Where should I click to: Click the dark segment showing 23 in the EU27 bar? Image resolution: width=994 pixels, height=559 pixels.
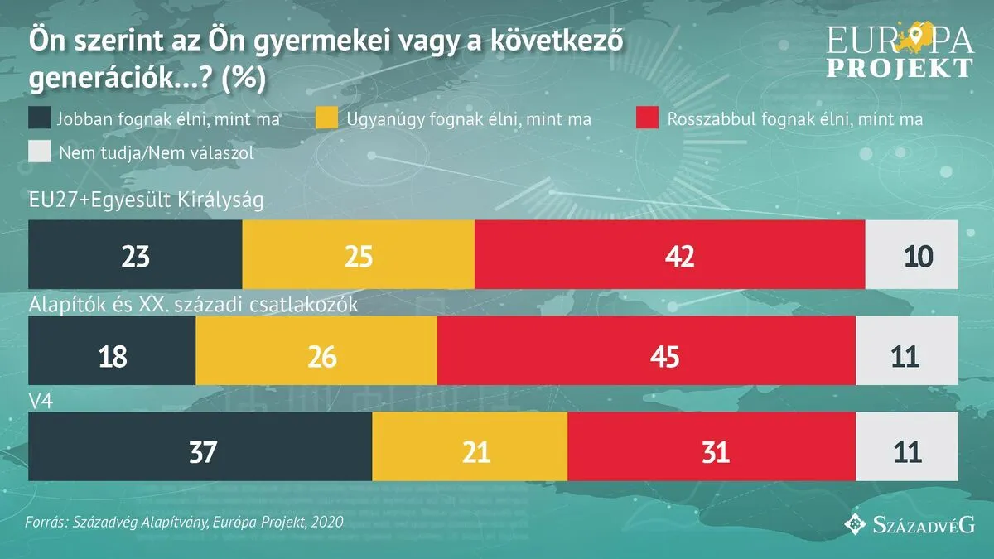135,255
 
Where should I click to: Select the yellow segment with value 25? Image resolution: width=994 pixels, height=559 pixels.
358,255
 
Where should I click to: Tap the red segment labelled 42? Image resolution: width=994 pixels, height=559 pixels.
669,255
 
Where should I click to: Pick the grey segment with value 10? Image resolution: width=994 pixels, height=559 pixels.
911,255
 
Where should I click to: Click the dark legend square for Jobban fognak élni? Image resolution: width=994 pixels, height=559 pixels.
39,119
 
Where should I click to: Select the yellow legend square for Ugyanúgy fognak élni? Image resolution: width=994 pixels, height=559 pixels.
328,119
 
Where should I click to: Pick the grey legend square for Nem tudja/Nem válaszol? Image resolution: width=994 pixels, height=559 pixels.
39,152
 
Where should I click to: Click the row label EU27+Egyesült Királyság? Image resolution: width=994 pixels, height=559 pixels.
146,201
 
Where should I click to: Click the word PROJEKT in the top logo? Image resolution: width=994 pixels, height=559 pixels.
900,67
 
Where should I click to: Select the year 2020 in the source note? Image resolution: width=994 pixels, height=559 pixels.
326,523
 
